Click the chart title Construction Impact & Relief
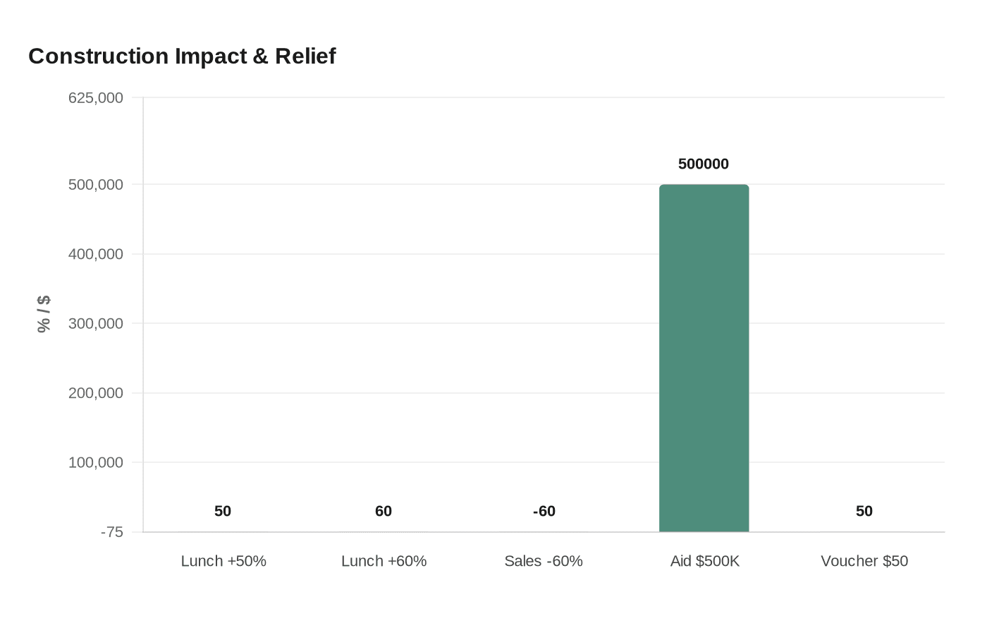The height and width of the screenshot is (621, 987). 182,56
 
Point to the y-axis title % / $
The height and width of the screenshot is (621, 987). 44,314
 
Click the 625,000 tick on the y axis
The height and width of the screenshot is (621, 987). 96,98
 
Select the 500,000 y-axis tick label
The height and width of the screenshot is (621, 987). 96,185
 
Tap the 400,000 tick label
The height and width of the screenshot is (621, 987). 96,254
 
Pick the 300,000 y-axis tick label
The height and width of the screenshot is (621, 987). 96,324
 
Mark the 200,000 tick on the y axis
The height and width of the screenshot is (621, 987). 96,393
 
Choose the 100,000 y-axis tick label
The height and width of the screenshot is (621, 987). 96,463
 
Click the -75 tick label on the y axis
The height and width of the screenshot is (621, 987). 111,532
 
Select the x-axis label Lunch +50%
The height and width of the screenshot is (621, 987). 223,561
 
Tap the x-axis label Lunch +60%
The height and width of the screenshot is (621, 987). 384,561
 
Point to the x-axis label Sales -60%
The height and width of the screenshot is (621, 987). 544,561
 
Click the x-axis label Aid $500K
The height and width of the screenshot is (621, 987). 704,561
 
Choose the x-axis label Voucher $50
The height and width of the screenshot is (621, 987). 864,561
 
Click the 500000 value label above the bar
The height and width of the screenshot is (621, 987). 704,164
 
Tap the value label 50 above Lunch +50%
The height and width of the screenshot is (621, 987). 223,512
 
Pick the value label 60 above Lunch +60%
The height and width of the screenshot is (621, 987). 384,512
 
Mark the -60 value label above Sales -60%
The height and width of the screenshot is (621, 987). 544,512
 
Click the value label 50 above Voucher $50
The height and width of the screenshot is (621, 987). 864,512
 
